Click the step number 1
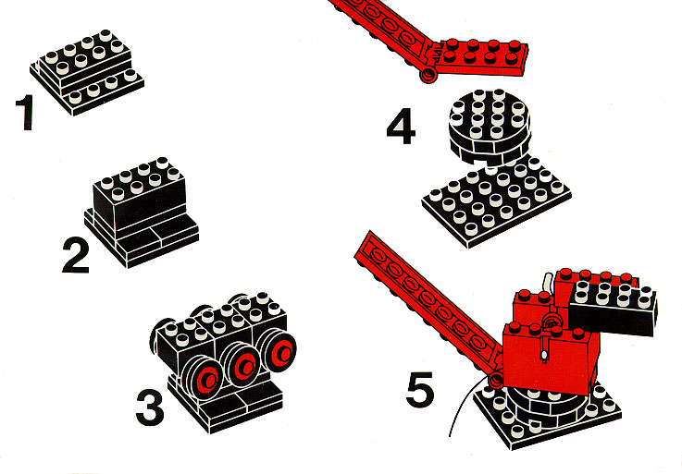tap(25, 112)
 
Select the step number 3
tap(150, 407)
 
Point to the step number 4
tap(401, 126)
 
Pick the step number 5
tap(420, 389)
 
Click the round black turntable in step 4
tap(490, 127)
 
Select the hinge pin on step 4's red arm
tap(428, 75)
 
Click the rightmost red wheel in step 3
tap(279, 350)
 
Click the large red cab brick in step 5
tap(552, 355)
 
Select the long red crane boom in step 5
tap(428, 306)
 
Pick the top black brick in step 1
tap(85, 57)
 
